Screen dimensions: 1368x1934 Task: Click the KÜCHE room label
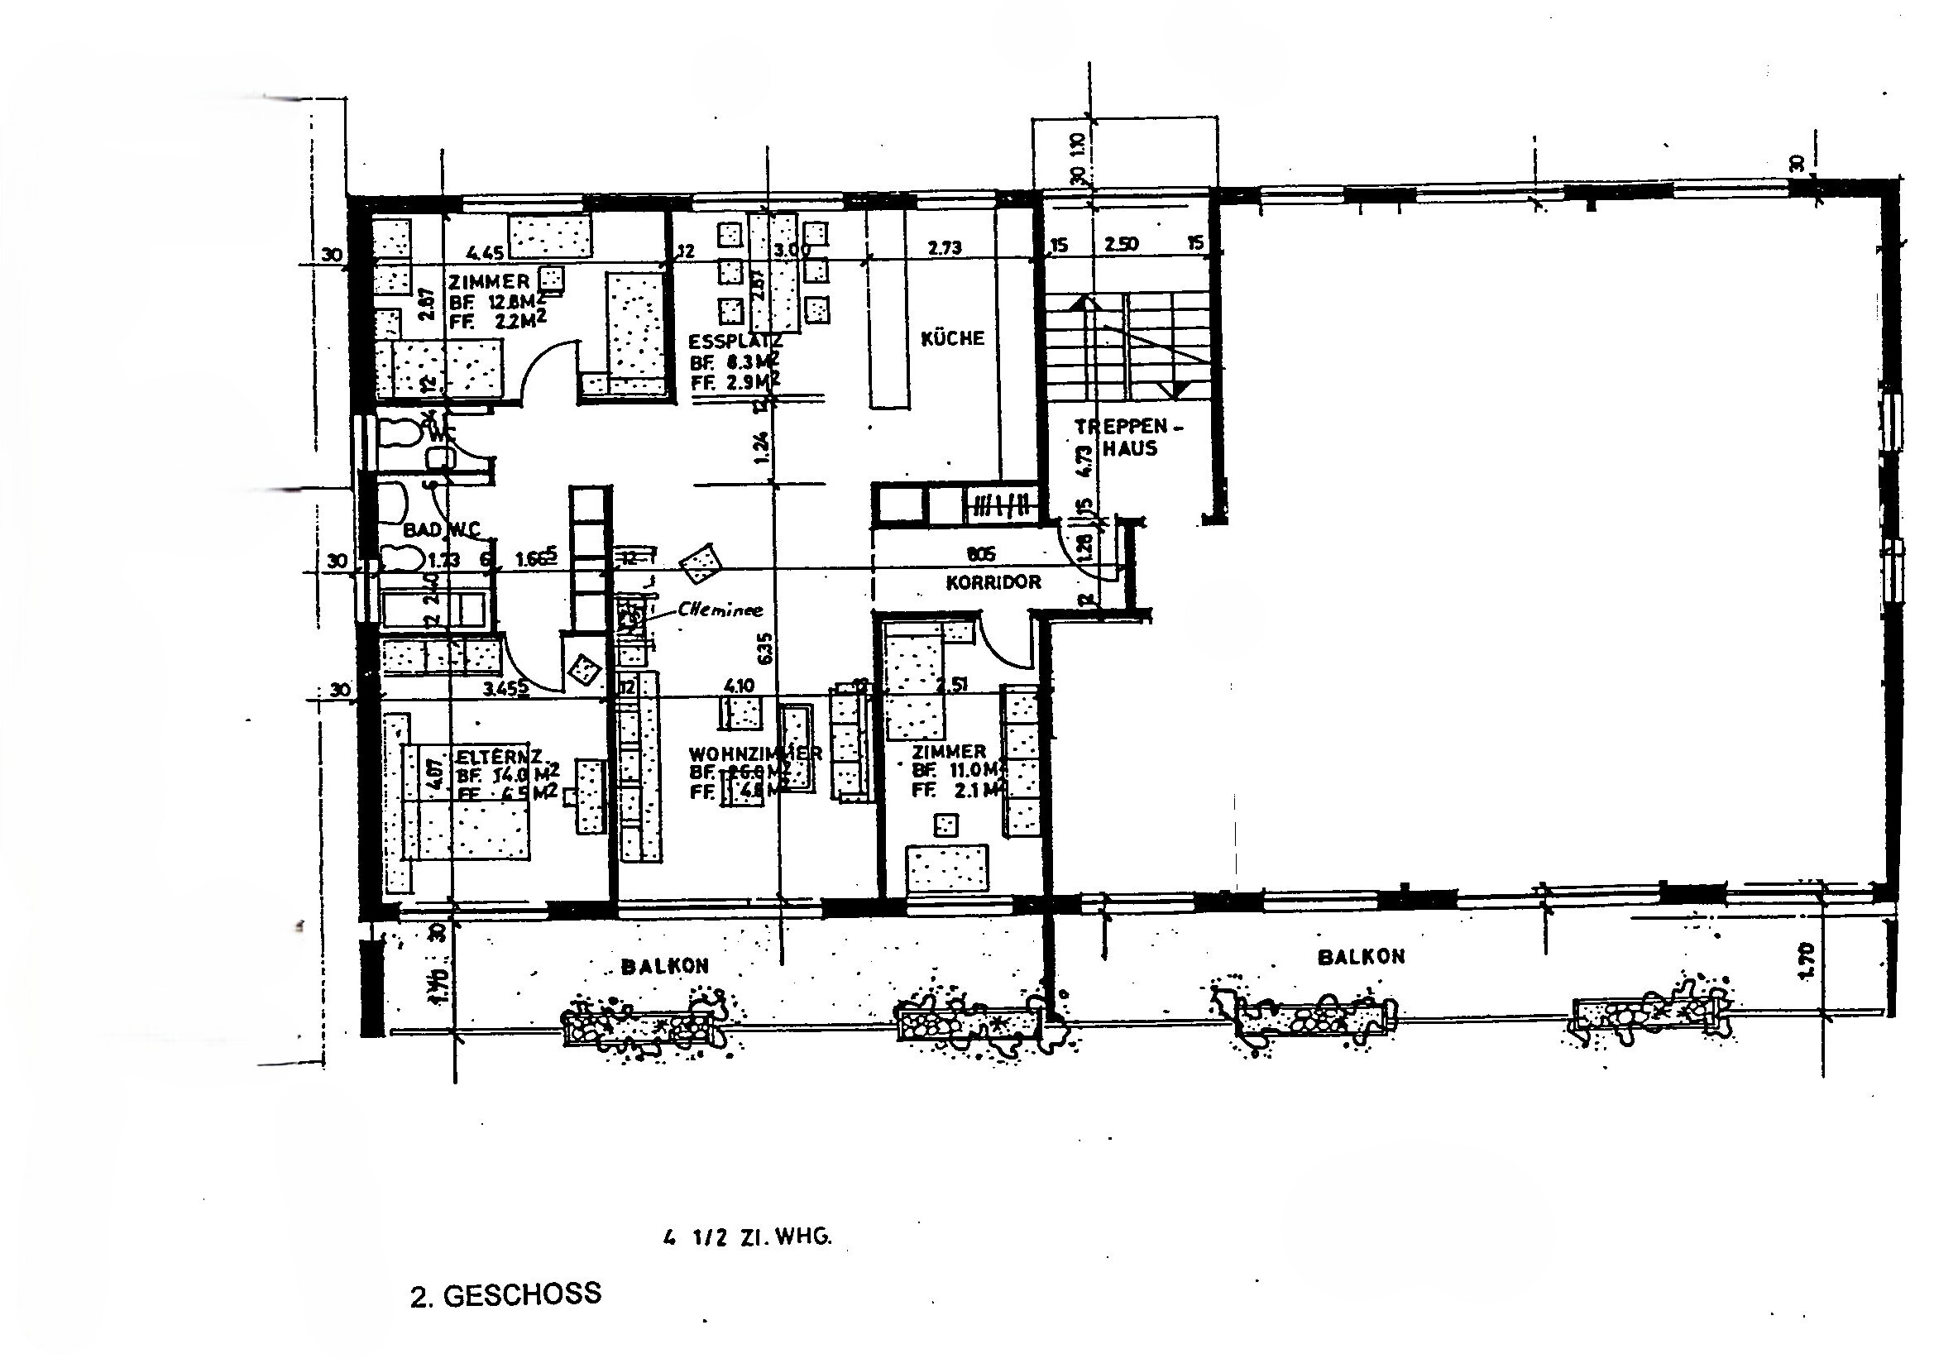(x=952, y=337)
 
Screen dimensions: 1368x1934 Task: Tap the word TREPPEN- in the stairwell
(x=1127, y=427)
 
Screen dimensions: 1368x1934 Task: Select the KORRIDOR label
(x=993, y=582)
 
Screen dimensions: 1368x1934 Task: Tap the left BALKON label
(x=664, y=966)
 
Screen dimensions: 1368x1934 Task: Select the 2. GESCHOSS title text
(x=505, y=1294)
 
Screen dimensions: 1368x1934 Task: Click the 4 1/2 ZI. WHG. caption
(x=747, y=1237)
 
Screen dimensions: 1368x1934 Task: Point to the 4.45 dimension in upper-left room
(x=485, y=251)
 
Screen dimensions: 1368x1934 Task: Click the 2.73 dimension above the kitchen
(x=945, y=247)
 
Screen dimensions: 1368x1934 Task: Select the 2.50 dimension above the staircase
(x=1121, y=244)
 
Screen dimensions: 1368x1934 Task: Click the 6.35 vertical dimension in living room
(x=764, y=649)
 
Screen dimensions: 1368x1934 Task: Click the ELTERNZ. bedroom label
(x=497, y=757)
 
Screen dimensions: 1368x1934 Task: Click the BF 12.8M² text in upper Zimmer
(x=496, y=301)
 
